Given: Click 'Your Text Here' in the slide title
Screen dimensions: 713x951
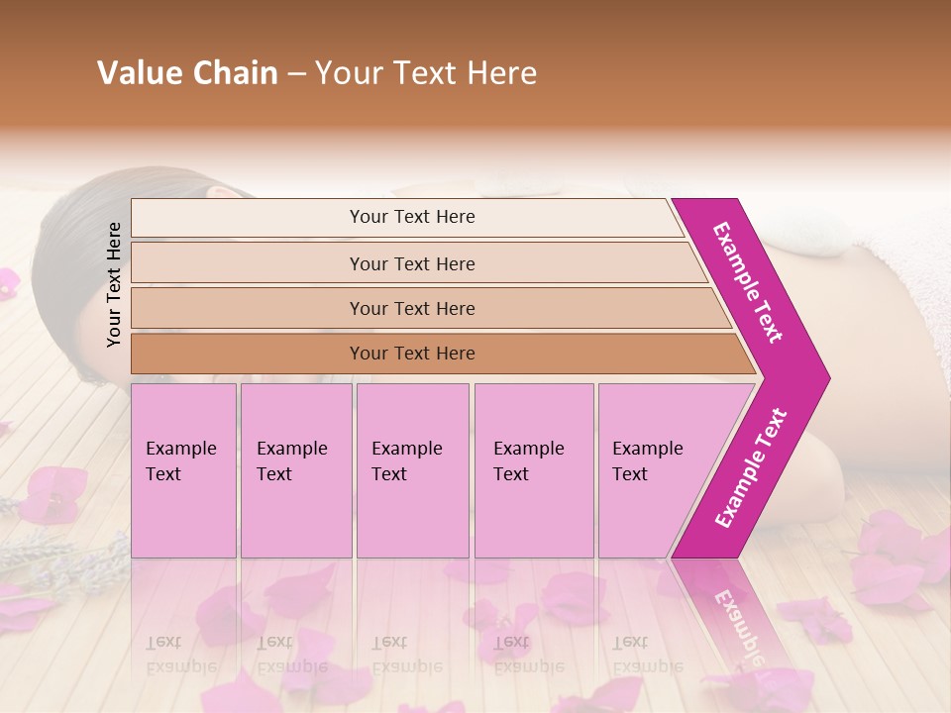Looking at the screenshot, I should tap(426, 73).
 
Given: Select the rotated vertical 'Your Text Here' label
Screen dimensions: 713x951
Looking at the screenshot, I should tap(114, 284).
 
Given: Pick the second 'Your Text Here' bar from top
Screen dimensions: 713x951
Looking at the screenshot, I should tap(412, 263).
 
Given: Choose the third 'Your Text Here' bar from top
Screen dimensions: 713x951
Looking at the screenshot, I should tap(412, 308).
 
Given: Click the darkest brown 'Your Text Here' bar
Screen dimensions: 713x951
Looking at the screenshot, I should tap(412, 354).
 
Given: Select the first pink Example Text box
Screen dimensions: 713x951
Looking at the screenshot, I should tap(183, 470).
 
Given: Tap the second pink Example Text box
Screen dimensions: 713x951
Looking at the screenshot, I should tap(295, 470).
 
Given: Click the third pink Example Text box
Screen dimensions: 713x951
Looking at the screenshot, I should tap(412, 470).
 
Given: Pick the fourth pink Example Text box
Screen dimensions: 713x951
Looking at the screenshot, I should tap(533, 470).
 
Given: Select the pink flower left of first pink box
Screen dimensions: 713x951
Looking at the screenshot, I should tap(54, 495).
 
